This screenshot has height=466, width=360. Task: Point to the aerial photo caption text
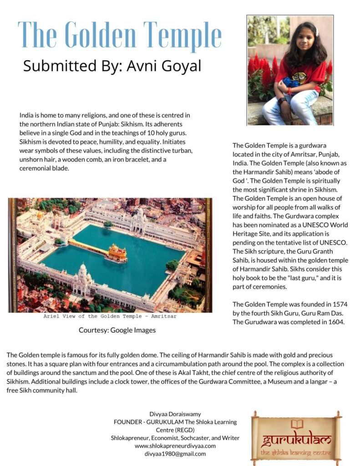pyautogui.click(x=110, y=316)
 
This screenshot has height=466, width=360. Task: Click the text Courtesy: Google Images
pyautogui.click(x=117, y=330)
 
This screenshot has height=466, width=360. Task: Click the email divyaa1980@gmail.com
pyautogui.click(x=175, y=454)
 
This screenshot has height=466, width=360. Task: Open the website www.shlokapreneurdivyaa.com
pyautogui.click(x=175, y=446)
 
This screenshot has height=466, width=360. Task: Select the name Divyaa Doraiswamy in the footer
pyautogui.click(x=175, y=414)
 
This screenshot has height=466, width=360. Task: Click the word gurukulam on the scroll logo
pyautogui.click(x=296, y=440)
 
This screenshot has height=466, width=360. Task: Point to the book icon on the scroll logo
pyautogui.click(x=297, y=424)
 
